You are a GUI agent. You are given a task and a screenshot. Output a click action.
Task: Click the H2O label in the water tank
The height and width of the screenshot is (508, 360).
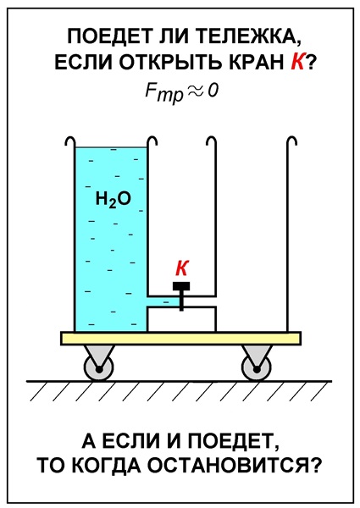tap(113, 199)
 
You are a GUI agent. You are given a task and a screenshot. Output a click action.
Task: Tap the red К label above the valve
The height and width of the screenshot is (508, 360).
tap(182, 268)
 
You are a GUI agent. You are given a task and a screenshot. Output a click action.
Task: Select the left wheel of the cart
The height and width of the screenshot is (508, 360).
tap(98, 368)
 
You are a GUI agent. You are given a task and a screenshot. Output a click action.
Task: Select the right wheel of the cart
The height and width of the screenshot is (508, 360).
tap(257, 368)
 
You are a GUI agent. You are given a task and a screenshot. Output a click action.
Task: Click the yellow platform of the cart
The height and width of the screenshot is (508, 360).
tap(180, 339)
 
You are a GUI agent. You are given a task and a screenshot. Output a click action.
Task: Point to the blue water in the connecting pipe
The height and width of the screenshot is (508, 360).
tap(163, 301)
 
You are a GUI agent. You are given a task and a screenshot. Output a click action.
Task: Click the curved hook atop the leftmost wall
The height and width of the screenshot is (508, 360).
tap(70, 141)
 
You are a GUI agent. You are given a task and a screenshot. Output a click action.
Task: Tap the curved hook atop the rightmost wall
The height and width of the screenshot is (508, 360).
tap(292, 141)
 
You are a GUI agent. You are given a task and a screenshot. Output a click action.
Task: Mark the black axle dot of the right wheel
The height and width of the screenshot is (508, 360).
tap(257, 369)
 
